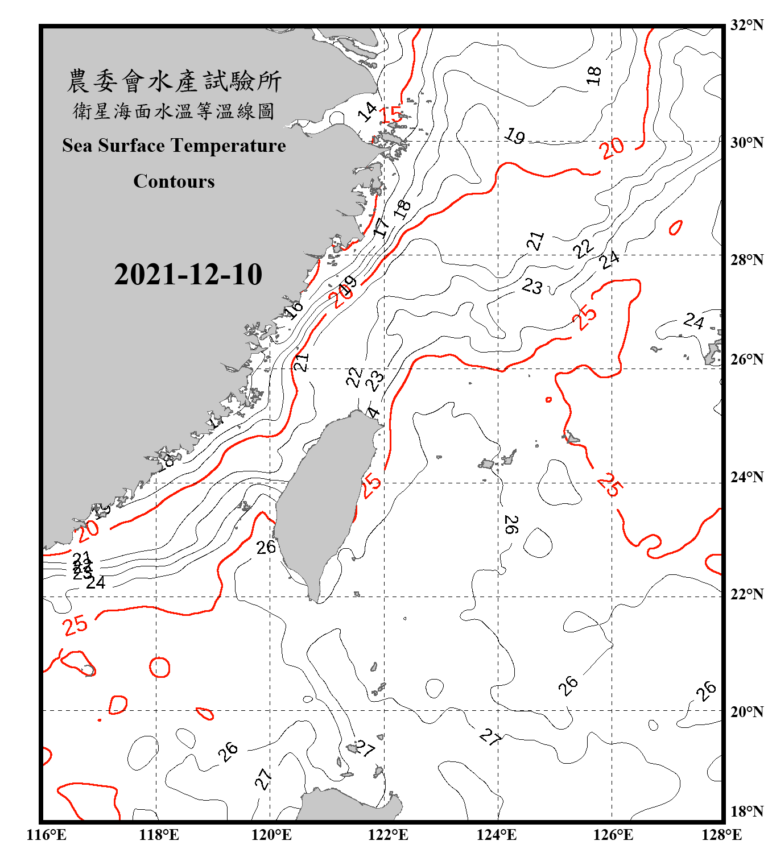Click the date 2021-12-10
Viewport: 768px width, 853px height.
188,274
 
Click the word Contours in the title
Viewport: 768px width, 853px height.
174,181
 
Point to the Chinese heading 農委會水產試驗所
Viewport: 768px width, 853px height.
174,81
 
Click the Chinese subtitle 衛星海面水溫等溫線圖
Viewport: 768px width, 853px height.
174,111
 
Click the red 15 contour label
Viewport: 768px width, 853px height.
391,114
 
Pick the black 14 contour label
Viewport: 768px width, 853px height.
368,111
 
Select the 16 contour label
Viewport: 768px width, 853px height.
294,310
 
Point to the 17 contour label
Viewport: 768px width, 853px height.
382,227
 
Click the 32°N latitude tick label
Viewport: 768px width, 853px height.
746,25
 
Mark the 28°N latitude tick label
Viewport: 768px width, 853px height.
746,260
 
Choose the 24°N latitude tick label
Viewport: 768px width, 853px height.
746,477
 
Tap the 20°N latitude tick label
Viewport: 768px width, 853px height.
746,711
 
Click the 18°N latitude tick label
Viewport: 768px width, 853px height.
746,811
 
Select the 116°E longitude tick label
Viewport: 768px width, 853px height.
46,835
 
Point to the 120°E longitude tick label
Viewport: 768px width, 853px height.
271,835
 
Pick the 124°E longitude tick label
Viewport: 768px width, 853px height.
497,835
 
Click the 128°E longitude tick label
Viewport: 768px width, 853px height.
721,835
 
